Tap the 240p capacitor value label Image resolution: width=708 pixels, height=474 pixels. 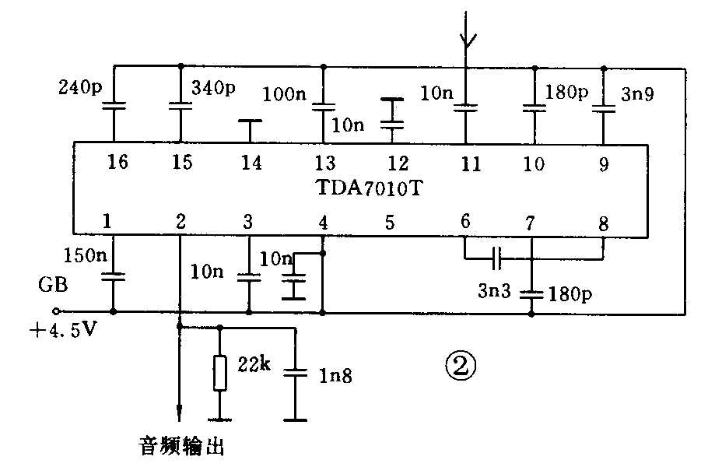80,88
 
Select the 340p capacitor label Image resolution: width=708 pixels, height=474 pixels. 212,88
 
